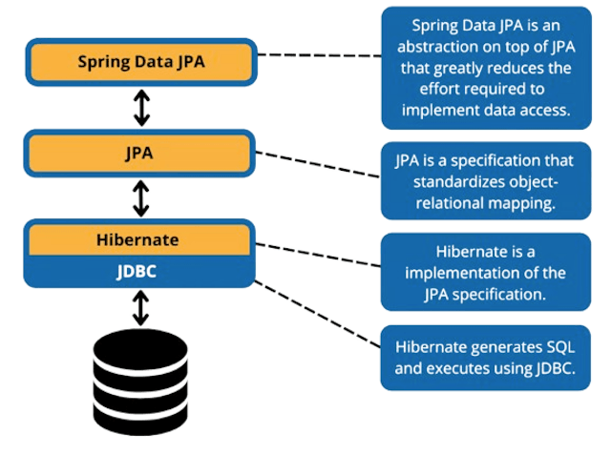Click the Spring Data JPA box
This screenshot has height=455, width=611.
click(141, 62)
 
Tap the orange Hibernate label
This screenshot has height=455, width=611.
click(141, 240)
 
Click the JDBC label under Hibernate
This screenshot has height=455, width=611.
click(141, 271)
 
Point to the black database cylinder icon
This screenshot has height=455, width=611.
click(140, 382)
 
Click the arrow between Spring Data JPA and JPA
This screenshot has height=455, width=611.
click(141, 107)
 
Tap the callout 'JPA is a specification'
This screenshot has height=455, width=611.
click(486, 180)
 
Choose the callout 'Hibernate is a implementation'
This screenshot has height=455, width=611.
click(486, 272)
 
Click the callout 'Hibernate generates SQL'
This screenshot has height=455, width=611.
click(486, 358)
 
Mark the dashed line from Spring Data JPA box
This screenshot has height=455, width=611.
click(319, 54)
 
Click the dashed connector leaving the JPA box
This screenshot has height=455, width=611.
click(319, 164)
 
